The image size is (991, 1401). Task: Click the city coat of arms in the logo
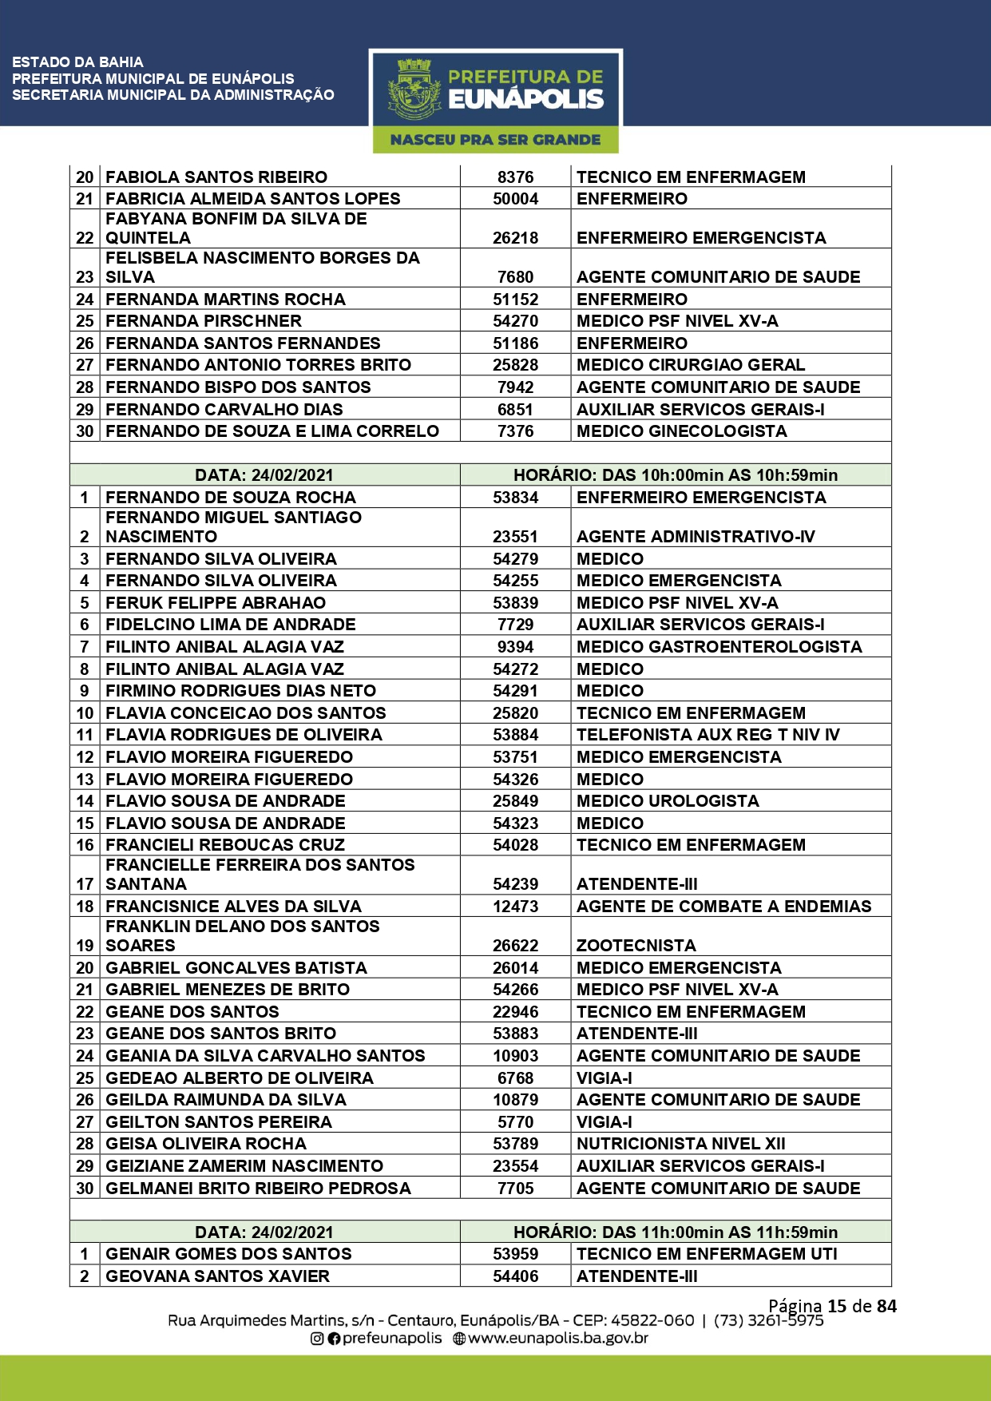coord(414,89)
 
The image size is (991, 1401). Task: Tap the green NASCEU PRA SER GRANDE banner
coord(495,140)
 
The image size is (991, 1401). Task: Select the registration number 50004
coord(515,199)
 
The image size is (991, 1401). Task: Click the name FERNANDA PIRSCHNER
coord(204,321)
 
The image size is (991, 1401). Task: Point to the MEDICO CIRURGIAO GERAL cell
coord(691,365)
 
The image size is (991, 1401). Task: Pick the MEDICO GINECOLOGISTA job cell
coord(682,431)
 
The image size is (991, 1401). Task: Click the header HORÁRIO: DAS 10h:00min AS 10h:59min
coord(676,475)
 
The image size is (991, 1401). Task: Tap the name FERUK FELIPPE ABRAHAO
coord(216,603)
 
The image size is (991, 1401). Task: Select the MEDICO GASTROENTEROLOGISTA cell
coord(719,647)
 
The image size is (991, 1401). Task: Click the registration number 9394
coord(515,647)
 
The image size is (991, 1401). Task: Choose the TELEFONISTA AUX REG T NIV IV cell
coord(708,735)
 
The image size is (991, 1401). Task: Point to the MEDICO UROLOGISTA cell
coord(668,801)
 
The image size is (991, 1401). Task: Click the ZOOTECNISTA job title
coord(636,946)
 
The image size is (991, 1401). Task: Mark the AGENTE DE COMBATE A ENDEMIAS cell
coord(724,907)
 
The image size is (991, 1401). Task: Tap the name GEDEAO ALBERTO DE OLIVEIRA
coord(240,1078)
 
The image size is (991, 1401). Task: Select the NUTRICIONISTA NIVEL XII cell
coord(681,1144)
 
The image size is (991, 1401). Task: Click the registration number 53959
coord(515,1254)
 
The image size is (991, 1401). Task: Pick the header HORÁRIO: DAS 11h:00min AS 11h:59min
coord(676,1232)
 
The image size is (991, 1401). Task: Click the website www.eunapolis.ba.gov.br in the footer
coord(557,1338)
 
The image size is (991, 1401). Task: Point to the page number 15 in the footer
coord(837,1306)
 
